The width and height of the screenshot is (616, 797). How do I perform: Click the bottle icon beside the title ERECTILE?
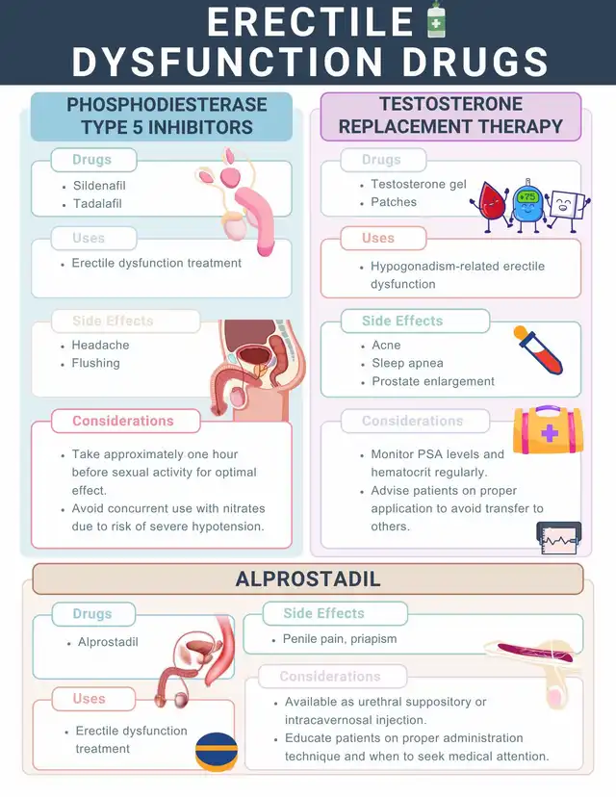coord(436,20)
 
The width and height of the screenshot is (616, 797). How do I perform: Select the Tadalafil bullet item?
coord(97,203)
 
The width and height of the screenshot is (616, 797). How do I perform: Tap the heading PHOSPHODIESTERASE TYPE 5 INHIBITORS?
coord(160,116)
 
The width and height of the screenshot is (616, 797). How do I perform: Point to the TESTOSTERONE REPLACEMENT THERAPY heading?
coord(450,116)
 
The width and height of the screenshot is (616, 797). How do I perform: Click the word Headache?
coord(100,345)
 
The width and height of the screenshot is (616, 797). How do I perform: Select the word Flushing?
coord(95,363)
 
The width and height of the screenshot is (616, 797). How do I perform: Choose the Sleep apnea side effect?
coord(407,363)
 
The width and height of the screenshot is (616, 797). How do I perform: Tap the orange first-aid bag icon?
coord(546,429)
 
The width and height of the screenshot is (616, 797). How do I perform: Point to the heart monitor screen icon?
coord(559,537)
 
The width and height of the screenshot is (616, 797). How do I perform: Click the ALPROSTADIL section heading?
coord(308,578)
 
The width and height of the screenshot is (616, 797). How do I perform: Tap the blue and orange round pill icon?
coord(217,752)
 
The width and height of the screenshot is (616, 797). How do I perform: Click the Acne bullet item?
coord(386,345)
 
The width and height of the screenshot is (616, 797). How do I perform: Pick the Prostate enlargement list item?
coord(433,381)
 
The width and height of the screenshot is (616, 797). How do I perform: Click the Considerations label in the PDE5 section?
coord(123,421)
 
